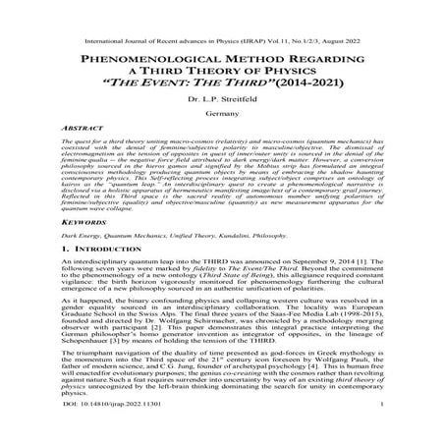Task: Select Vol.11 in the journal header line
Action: click(x=250, y=15)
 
